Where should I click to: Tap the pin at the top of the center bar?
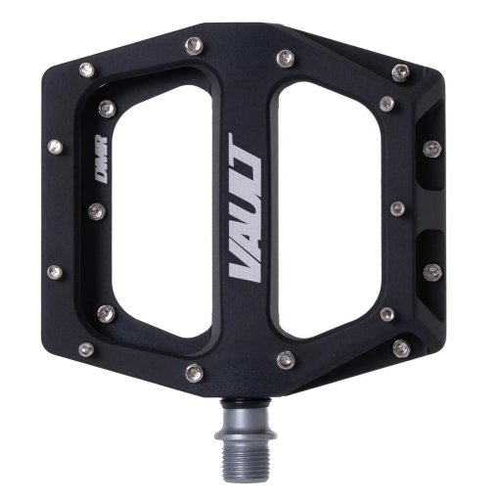pyautogui.click(x=285, y=57)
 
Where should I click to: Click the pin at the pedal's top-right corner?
pyautogui.click(x=399, y=71)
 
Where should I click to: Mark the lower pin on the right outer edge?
pyautogui.click(x=431, y=270)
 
